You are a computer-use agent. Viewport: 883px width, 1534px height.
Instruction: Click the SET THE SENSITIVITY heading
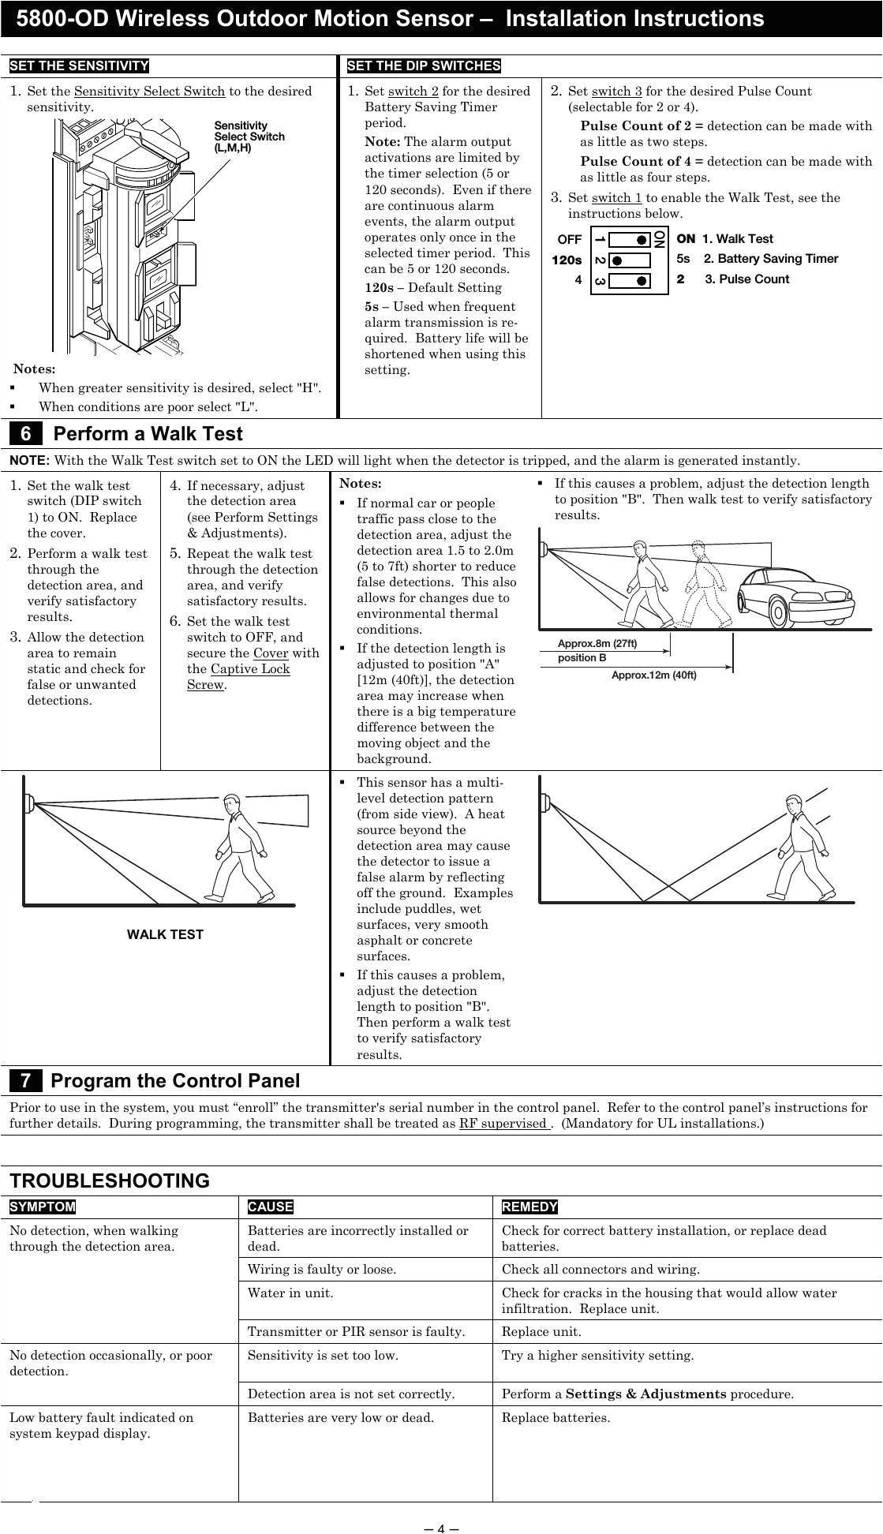click(79, 66)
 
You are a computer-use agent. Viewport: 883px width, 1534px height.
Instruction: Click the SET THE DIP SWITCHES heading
click(423, 66)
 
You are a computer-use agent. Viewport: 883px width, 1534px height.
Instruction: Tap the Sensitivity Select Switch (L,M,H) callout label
click(249, 137)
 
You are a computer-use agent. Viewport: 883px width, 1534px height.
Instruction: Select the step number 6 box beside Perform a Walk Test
click(26, 434)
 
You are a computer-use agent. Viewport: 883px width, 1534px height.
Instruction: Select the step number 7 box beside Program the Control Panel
click(26, 1081)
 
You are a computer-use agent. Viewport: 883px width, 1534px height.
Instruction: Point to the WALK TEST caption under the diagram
click(165, 934)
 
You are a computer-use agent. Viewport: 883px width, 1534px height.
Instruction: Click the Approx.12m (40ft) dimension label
click(653, 675)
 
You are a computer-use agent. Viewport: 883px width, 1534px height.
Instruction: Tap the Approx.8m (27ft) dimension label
click(597, 643)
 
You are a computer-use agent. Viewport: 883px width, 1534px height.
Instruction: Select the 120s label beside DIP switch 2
click(567, 260)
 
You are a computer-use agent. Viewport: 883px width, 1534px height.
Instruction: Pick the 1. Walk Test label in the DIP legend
click(737, 238)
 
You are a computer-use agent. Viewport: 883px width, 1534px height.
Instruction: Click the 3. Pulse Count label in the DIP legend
click(746, 279)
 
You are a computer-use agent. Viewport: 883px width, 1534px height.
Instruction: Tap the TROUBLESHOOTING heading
click(110, 1180)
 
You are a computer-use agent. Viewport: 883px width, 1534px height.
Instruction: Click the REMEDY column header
click(529, 1207)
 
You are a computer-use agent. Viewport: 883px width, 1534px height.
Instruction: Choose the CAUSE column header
click(270, 1207)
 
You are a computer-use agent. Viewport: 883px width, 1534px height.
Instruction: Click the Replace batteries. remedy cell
click(556, 1417)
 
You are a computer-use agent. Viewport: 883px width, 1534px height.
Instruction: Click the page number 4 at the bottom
click(441, 1528)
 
